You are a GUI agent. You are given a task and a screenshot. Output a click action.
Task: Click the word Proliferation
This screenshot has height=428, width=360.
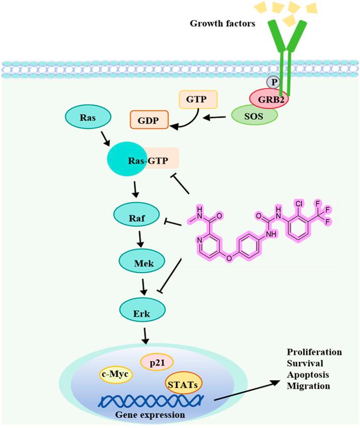(314, 352)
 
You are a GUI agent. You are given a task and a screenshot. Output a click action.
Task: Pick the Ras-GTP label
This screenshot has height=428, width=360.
(146, 161)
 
